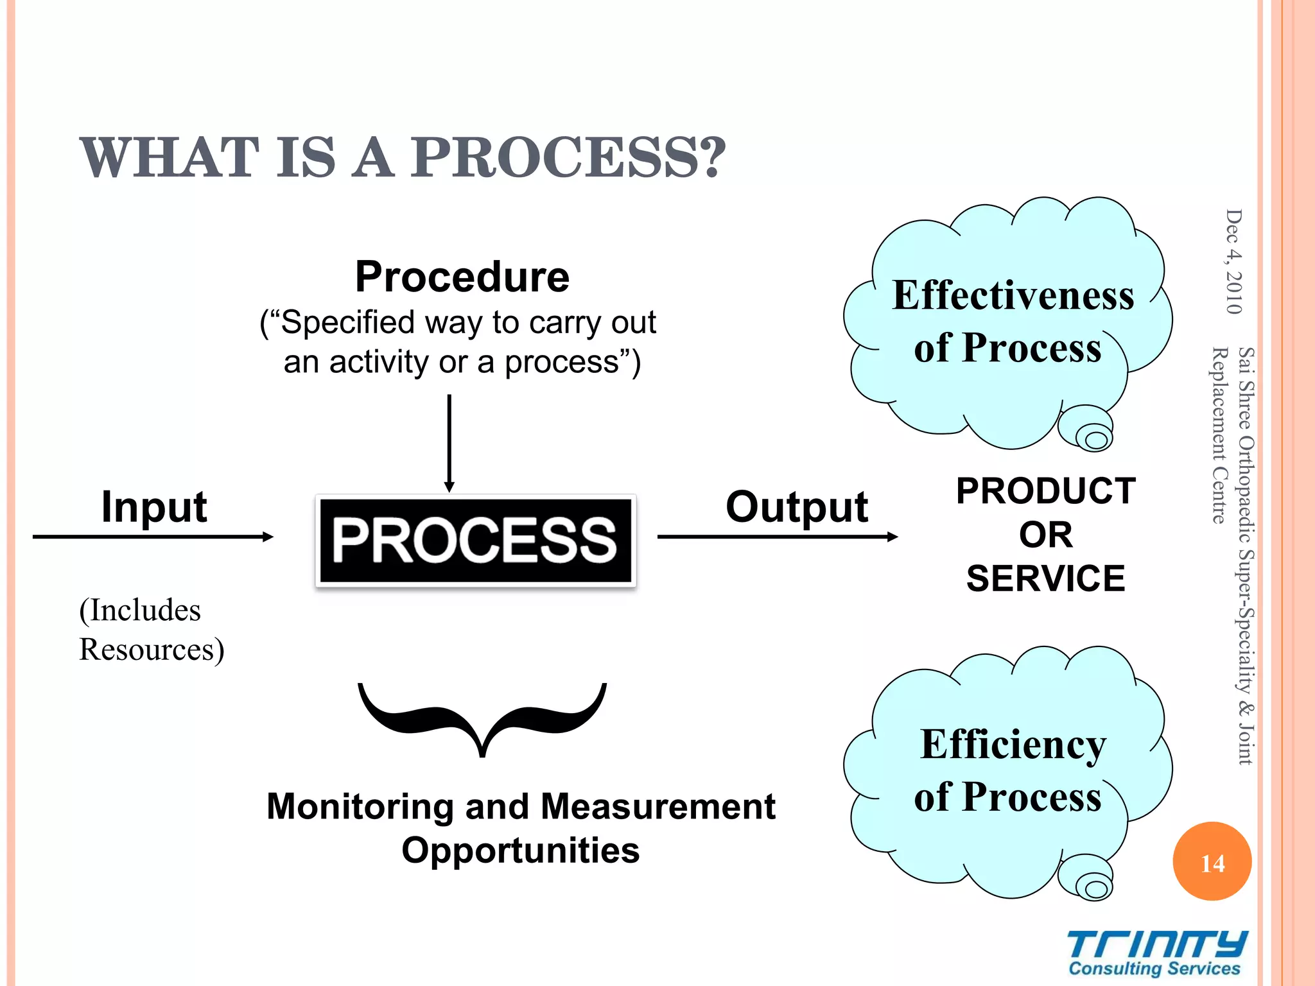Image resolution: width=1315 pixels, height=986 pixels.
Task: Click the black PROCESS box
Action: (x=475, y=541)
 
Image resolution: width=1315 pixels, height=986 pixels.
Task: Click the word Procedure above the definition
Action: (x=462, y=277)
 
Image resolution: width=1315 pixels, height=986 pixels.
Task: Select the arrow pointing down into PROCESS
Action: (x=449, y=443)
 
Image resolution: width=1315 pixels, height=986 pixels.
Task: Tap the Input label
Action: (x=154, y=507)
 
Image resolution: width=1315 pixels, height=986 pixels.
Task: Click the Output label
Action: (x=796, y=507)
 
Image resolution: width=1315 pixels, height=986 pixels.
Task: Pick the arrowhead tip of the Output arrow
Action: (x=895, y=537)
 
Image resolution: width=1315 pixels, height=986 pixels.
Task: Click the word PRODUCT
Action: (x=1045, y=492)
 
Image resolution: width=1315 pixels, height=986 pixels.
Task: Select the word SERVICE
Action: (x=1045, y=579)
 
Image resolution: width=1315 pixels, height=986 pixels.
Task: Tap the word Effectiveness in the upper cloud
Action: (x=1013, y=296)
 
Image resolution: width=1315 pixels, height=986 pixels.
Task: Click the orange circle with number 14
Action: (x=1212, y=861)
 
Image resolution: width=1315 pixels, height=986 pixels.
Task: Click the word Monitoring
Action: (x=360, y=807)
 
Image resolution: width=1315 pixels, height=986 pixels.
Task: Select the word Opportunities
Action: (x=520, y=851)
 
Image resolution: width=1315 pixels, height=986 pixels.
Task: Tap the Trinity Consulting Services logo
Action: (x=1156, y=953)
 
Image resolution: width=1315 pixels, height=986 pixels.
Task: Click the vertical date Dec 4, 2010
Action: (x=1233, y=262)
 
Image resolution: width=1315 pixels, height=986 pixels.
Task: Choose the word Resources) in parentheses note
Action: (x=152, y=650)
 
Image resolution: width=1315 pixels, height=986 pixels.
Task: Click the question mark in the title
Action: (x=713, y=158)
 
